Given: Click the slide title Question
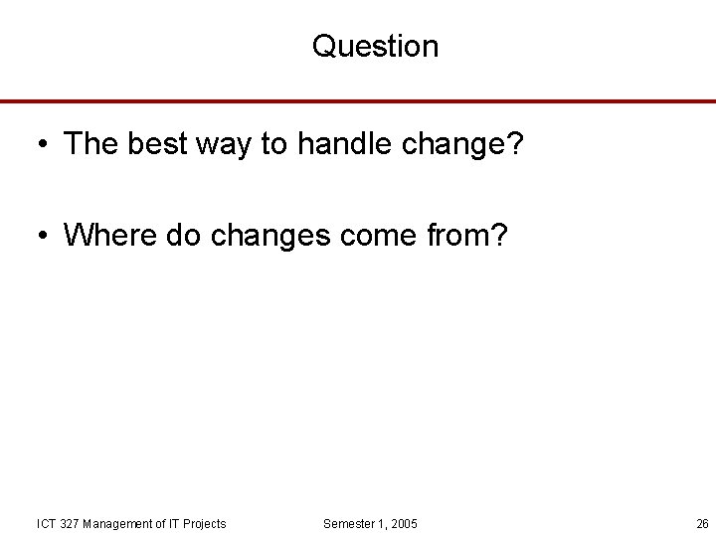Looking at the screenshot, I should point(375,46).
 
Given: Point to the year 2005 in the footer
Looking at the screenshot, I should point(403,523).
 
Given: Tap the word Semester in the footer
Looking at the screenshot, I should point(351,523).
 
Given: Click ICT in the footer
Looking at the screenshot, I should point(46,523).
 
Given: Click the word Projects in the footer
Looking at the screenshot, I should point(203,523).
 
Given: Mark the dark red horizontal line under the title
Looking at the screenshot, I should point(358,101).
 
